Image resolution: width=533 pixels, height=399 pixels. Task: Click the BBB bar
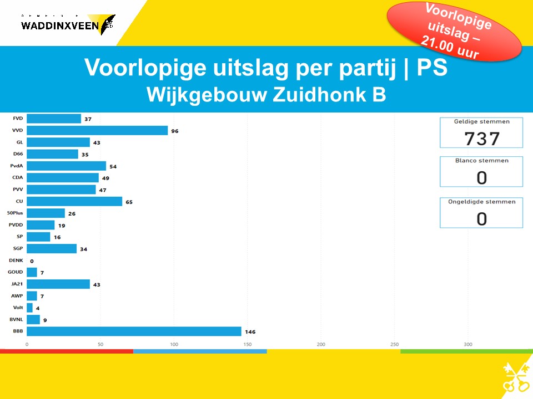click(134, 331)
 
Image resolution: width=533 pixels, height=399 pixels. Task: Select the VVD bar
click(97, 130)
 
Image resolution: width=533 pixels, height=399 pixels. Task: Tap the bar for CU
click(74, 202)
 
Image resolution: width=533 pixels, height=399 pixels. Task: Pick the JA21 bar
click(58, 284)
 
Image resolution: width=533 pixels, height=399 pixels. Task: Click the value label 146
click(250, 332)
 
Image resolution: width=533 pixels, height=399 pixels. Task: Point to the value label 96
click(175, 131)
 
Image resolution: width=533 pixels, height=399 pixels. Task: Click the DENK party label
click(16, 260)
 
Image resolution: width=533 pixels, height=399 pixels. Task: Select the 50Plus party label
click(15, 213)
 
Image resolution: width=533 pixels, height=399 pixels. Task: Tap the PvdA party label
click(16, 166)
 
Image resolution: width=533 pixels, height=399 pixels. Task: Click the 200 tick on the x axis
click(321, 345)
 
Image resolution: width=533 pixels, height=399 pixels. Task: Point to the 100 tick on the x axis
click(174, 345)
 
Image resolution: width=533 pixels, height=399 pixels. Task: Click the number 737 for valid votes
click(481, 138)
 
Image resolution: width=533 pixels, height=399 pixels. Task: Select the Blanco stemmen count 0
click(481, 177)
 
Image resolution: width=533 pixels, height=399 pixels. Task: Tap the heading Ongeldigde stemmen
click(481, 202)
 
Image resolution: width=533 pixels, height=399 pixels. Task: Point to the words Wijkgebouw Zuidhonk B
click(266, 95)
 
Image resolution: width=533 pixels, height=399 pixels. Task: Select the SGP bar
click(52, 249)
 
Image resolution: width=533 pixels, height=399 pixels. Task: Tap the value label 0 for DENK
click(32, 261)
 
